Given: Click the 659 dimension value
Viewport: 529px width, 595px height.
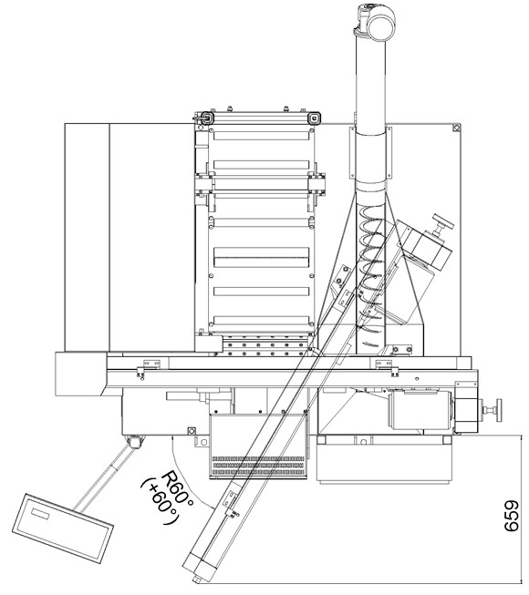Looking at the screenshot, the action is coord(511,516).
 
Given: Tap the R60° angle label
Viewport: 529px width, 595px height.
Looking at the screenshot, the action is coord(178,489).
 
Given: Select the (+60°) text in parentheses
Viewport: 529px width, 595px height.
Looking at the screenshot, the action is coord(160,502).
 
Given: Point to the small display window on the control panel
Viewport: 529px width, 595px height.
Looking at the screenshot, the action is coord(41,515).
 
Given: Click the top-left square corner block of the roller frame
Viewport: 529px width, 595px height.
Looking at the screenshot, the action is coord(207,118).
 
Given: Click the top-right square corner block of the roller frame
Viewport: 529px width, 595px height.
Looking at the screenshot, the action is coord(314,118).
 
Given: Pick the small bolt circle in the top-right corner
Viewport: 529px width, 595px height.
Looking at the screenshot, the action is coord(456,128).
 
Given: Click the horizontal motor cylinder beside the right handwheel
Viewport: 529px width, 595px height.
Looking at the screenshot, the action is coord(420,410).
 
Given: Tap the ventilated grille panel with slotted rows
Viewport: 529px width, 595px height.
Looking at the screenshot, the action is coord(258,446).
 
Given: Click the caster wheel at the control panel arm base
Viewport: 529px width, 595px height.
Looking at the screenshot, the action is coord(135,442).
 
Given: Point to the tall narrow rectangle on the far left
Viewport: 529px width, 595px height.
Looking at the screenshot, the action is coord(87,237).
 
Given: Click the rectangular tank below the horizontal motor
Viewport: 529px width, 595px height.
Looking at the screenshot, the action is coord(384,458).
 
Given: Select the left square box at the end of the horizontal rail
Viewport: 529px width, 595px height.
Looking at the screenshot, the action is coord(81,374).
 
